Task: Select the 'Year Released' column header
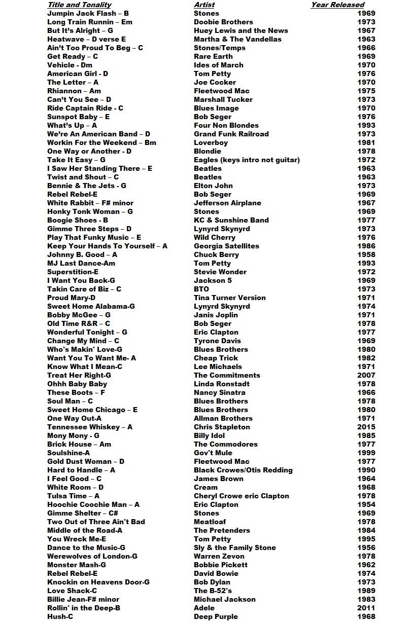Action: tap(337, 5)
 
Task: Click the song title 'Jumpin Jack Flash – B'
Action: tap(88, 13)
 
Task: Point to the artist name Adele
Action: tap(204, 608)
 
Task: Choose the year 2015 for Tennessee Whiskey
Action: tap(366, 427)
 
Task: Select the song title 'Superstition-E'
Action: tap(73, 272)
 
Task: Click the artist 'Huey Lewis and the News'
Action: tap(240, 30)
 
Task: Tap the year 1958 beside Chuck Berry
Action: tap(366, 254)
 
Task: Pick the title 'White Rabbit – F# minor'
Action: tap(90, 203)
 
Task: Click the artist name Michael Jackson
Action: tap(224, 599)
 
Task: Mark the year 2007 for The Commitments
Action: tap(366, 375)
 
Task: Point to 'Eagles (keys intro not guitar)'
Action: tap(247, 160)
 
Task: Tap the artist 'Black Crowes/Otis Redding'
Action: tap(243, 470)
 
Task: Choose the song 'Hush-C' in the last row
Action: tap(60, 616)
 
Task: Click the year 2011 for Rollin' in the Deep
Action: tap(366, 608)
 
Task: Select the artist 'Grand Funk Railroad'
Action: tap(231, 134)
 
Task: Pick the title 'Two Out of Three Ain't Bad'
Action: tap(96, 522)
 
